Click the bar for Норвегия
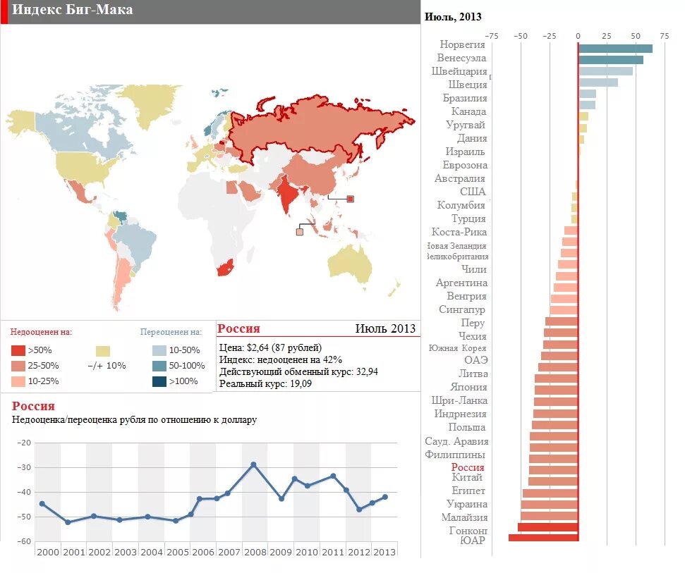pyautogui.click(x=614, y=48)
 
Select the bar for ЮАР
pyautogui.click(x=543, y=538)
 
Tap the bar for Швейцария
pyautogui.click(x=605, y=70)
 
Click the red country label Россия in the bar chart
pyautogui.click(x=468, y=467)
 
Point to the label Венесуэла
pyautogui.click(x=461, y=58)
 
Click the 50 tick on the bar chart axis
pyautogui.click(x=636, y=36)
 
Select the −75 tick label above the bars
pyautogui.click(x=492, y=36)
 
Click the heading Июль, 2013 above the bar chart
pyautogui.click(x=453, y=17)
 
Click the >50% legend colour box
pyautogui.click(x=18, y=350)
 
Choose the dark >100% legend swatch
pyautogui.click(x=159, y=381)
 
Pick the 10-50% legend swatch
pyautogui.click(x=159, y=350)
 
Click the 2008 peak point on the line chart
pyautogui.click(x=254, y=464)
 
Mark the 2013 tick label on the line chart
pyautogui.click(x=384, y=553)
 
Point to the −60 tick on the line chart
pyautogui.click(x=24, y=541)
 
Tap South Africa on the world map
pyautogui.click(x=224, y=269)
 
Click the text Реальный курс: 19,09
pyautogui.click(x=265, y=384)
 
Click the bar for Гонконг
pyautogui.click(x=547, y=527)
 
